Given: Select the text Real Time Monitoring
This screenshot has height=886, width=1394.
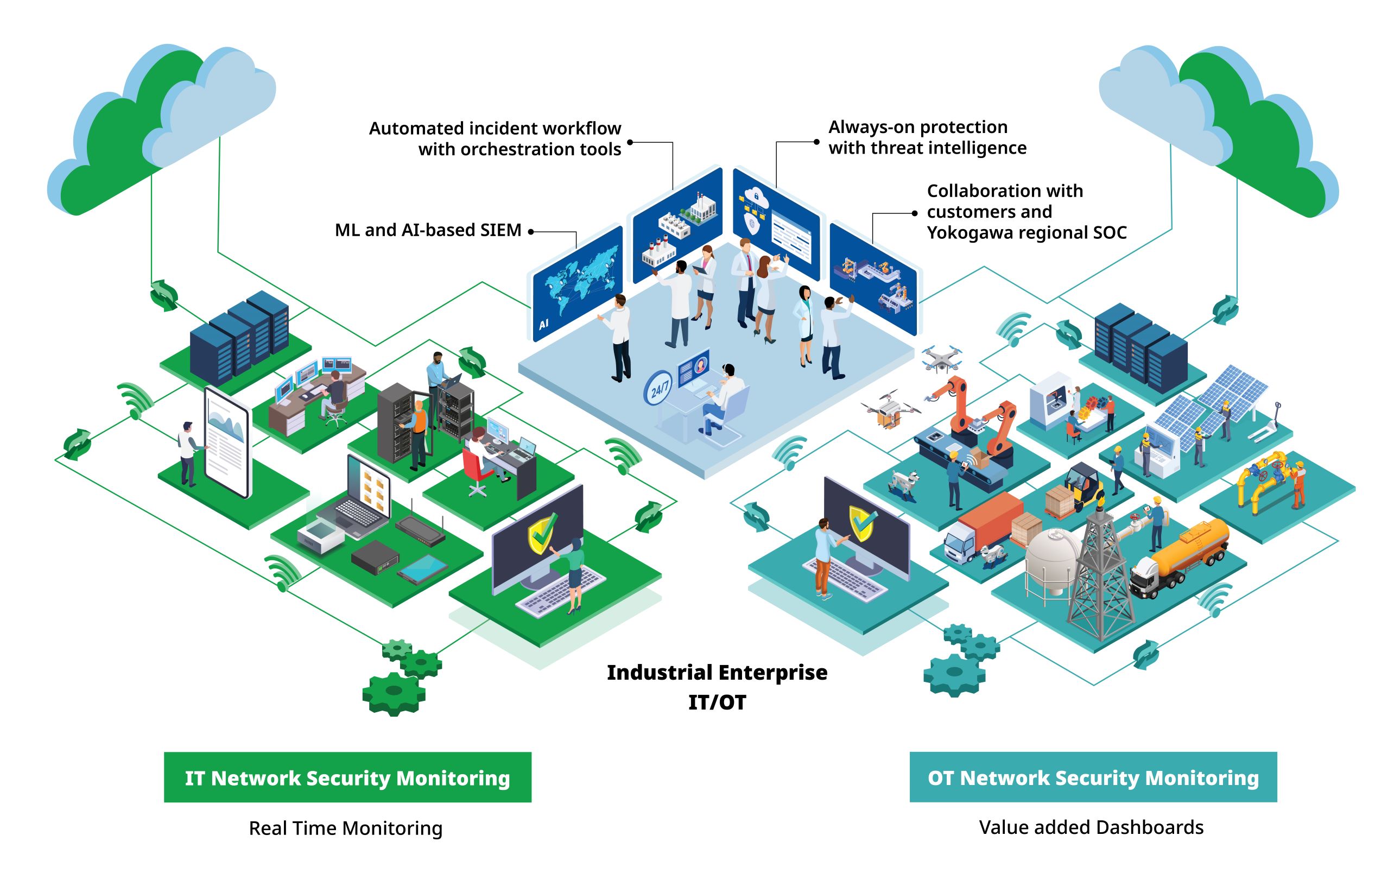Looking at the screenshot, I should coord(346,828).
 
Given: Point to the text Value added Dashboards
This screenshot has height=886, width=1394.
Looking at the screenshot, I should coord(1091,827).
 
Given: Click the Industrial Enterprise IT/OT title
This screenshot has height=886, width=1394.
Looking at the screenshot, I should coord(717,687).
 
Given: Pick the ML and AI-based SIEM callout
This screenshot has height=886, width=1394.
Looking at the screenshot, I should coord(428,231).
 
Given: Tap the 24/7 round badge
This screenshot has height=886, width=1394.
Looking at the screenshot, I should coord(659,388).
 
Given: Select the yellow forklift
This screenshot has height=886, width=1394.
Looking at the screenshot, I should coord(1083,486).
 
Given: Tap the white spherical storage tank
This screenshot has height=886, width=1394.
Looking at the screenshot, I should coord(1053,559).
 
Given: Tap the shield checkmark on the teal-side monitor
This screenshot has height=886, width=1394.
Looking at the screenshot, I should coord(863,522).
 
